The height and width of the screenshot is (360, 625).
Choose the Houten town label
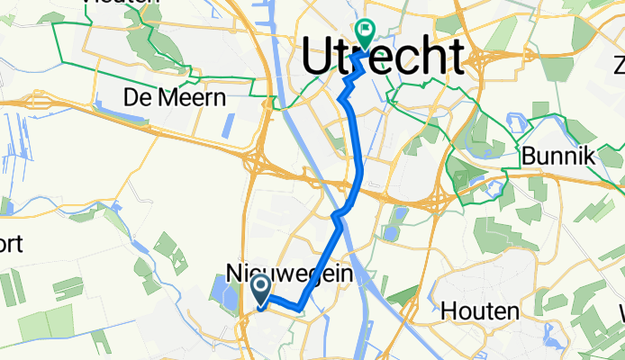pos(480,312)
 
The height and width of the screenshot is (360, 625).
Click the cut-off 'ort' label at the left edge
pos(12,244)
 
